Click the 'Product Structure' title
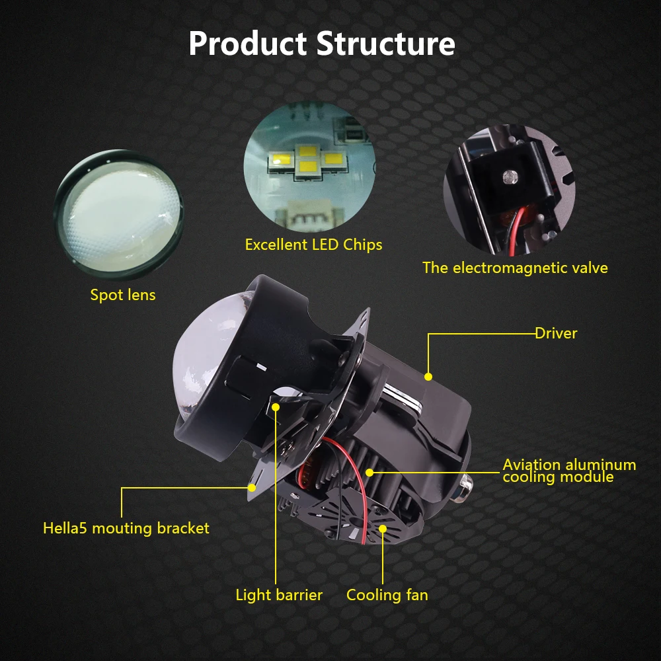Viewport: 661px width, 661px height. (322, 44)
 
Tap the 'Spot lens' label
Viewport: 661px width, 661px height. (123, 295)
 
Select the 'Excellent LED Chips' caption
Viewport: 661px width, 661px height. (313, 245)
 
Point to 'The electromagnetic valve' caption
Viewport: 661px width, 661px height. (515, 268)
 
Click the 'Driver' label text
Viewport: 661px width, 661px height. (556, 333)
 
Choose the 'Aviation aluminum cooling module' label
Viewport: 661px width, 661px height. (569, 471)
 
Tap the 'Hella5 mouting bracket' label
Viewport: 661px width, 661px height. (126, 528)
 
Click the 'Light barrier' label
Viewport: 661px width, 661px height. (279, 595)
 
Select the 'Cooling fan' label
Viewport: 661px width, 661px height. (387, 595)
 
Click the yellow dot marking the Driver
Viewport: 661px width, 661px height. (428, 377)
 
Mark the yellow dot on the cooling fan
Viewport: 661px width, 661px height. (383, 528)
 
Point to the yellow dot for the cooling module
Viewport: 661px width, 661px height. (370, 472)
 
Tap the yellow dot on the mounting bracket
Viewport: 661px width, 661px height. (252, 488)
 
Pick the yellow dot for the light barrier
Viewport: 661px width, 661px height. (276, 407)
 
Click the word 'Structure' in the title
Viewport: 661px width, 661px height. (386, 44)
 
